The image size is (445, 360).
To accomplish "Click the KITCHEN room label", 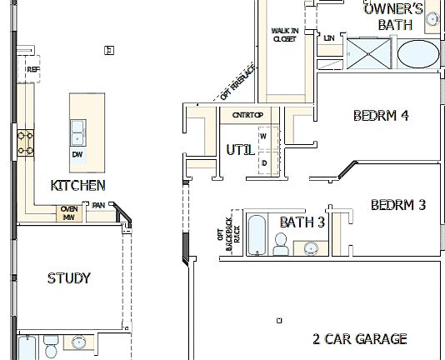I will tap(77, 185).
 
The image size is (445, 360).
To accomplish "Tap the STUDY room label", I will tap(68, 277).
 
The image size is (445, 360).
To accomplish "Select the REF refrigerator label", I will tap(32, 69).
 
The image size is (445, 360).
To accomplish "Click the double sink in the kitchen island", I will tap(78, 132).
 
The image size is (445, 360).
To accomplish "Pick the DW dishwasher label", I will tap(77, 154).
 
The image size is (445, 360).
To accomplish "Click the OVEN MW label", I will tap(69, 213).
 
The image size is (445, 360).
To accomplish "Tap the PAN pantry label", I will tap(98, 206).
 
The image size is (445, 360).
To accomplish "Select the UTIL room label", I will tap(240, 150).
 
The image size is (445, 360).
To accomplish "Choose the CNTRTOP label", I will tap(247, 114).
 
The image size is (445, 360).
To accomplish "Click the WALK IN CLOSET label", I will tap(284, 34).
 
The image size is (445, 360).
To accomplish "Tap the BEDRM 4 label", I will tap(380, 116).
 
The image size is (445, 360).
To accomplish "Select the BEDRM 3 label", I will tap(398, 204).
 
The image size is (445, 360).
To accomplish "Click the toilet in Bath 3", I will tap(281, 244).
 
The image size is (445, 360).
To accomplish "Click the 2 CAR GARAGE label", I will tap(359, 338).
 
